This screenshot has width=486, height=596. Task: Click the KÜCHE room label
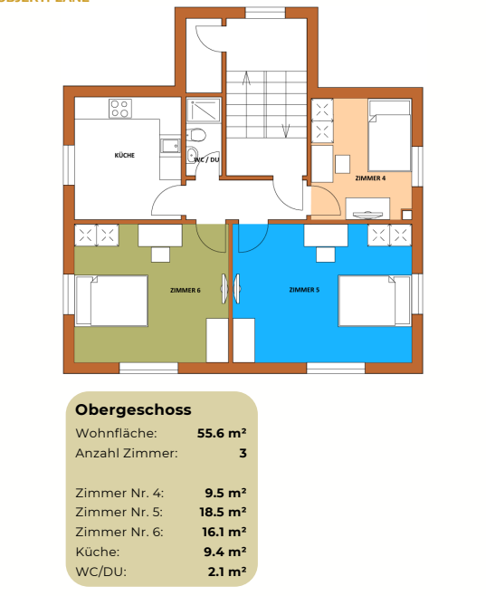click(125, 155)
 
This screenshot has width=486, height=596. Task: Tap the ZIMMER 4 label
click(370, 178)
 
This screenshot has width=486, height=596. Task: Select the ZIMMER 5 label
click(303, 290)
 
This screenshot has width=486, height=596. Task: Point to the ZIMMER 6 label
click(185, 290)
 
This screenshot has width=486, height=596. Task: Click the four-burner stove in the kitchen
click(120, 109)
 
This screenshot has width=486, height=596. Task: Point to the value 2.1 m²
click(226, 571)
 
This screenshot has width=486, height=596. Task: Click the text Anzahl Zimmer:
click(126, 453)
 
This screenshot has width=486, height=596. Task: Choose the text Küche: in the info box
click(97, 551)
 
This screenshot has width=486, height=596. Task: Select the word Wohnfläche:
click(117, 433)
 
